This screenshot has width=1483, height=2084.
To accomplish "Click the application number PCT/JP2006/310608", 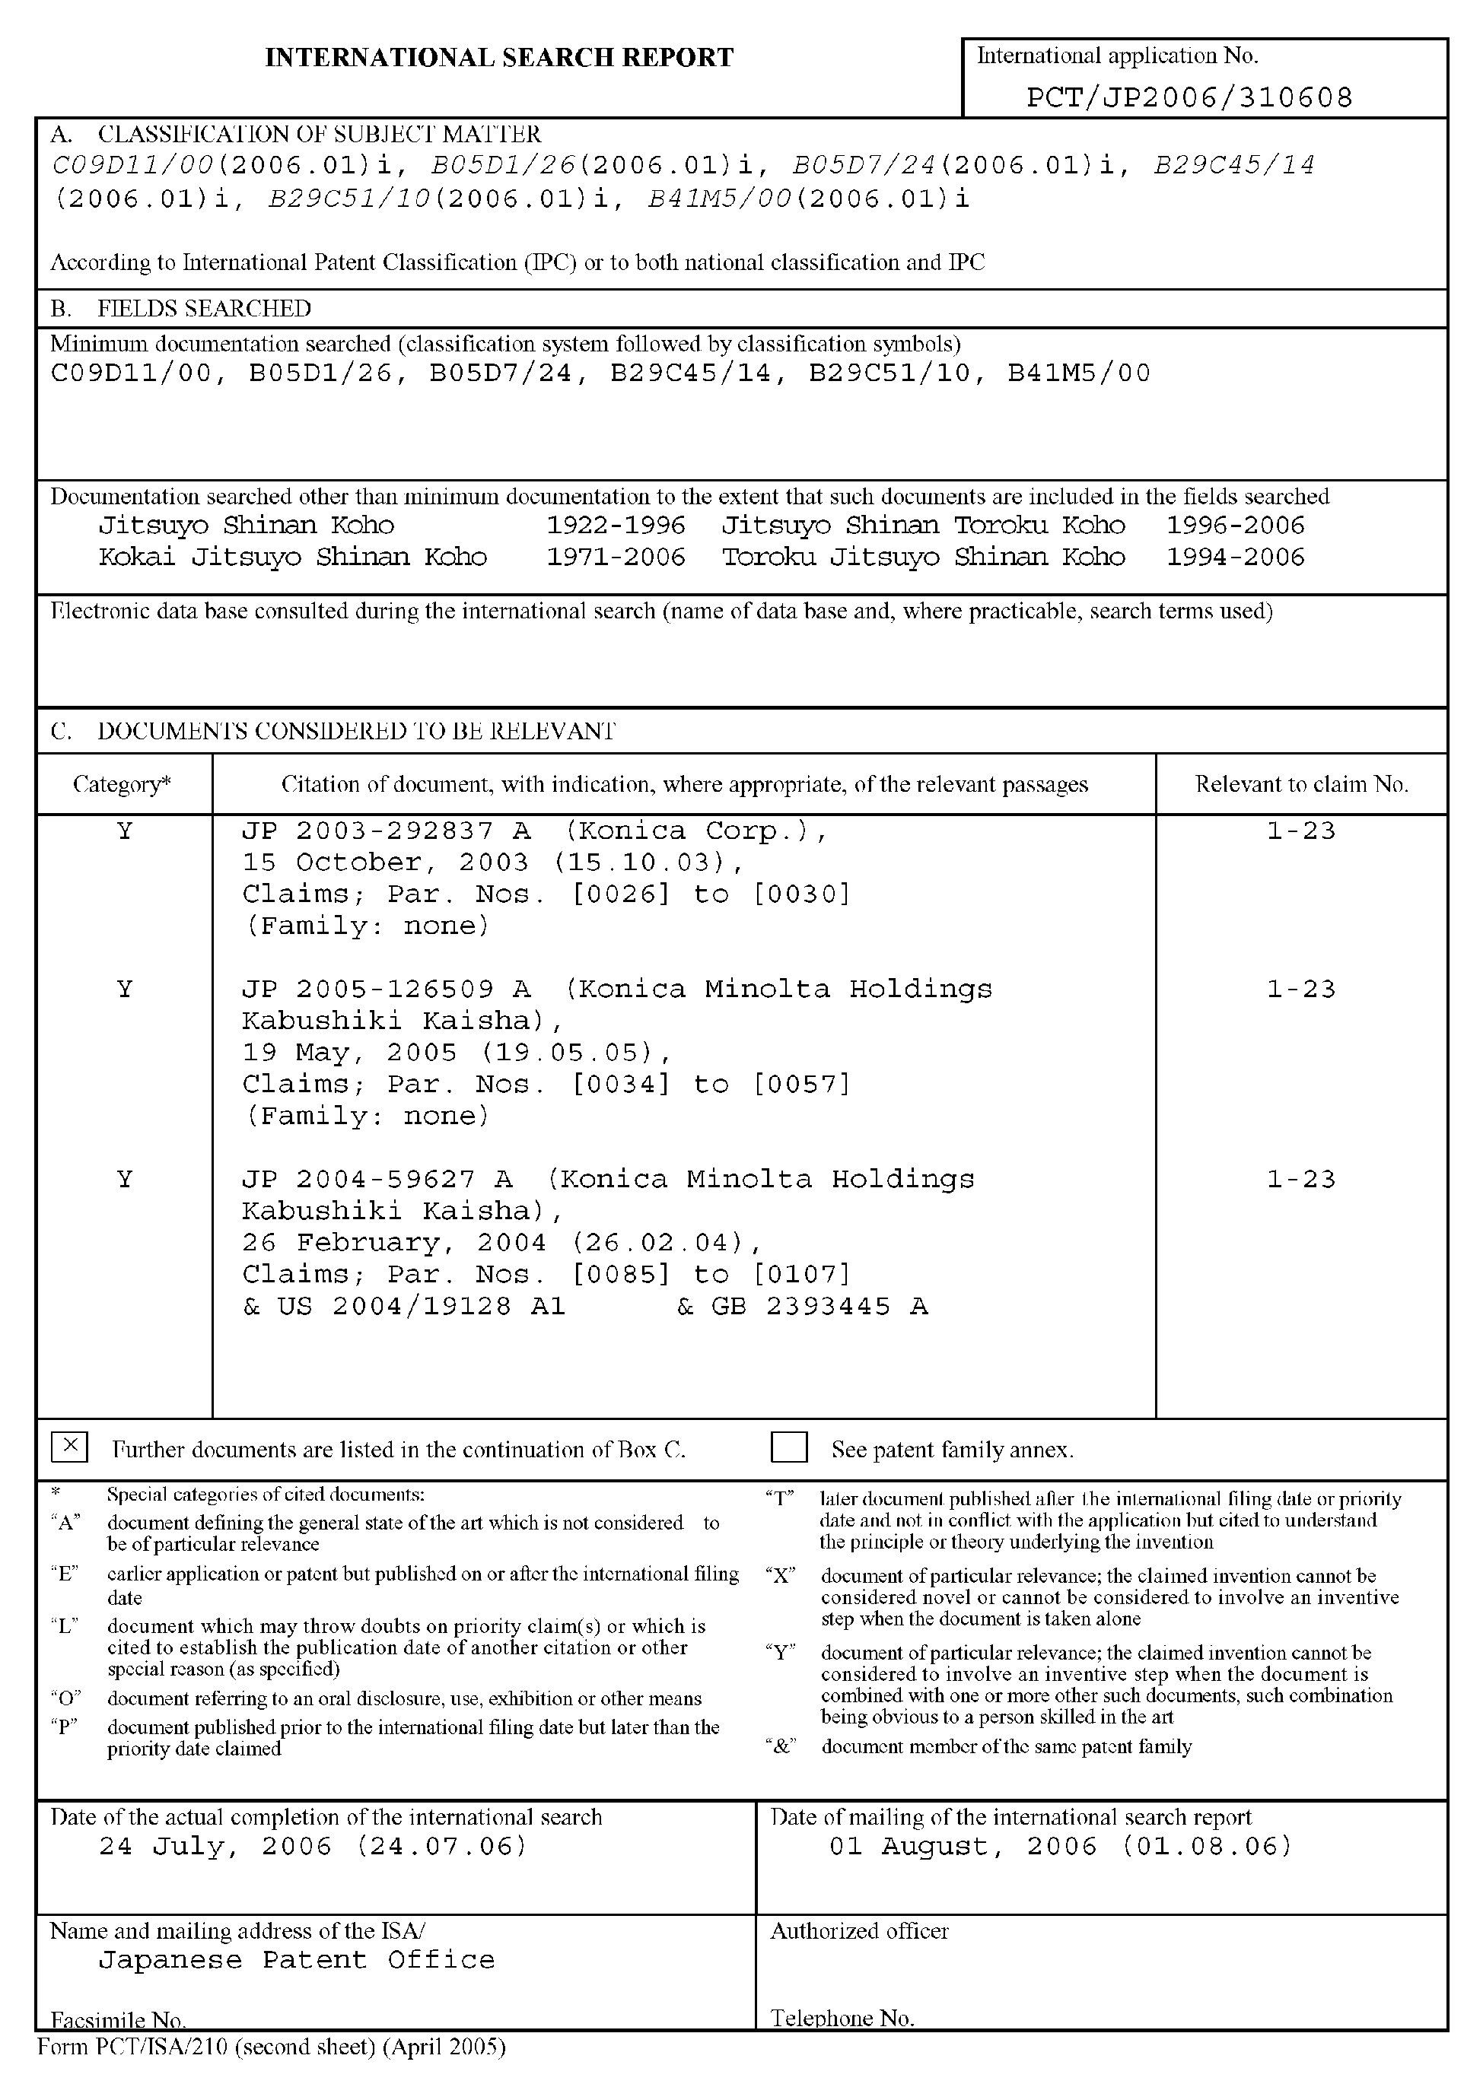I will point(1189,97).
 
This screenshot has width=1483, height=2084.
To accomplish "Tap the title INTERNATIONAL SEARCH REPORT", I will point(498,58).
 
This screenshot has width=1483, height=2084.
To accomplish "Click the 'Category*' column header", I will point(123,784).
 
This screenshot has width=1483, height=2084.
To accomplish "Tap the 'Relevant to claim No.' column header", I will point(1301,784).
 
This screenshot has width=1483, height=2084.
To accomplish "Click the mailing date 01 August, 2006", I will point(1060,1846).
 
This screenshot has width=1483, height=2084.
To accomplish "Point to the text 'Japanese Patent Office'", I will point(297,1959).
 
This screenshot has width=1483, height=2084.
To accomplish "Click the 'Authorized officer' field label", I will point(859,1930).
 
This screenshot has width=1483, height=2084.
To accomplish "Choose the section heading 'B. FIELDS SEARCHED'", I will point(181,309).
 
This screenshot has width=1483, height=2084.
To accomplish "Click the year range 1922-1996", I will point(616,525).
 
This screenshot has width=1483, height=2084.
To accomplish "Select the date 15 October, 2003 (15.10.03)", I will point(493,863).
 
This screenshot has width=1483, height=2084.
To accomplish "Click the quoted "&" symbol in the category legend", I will point(781,1746).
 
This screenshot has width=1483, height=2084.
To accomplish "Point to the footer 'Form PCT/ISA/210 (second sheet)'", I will point(270,2047).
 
